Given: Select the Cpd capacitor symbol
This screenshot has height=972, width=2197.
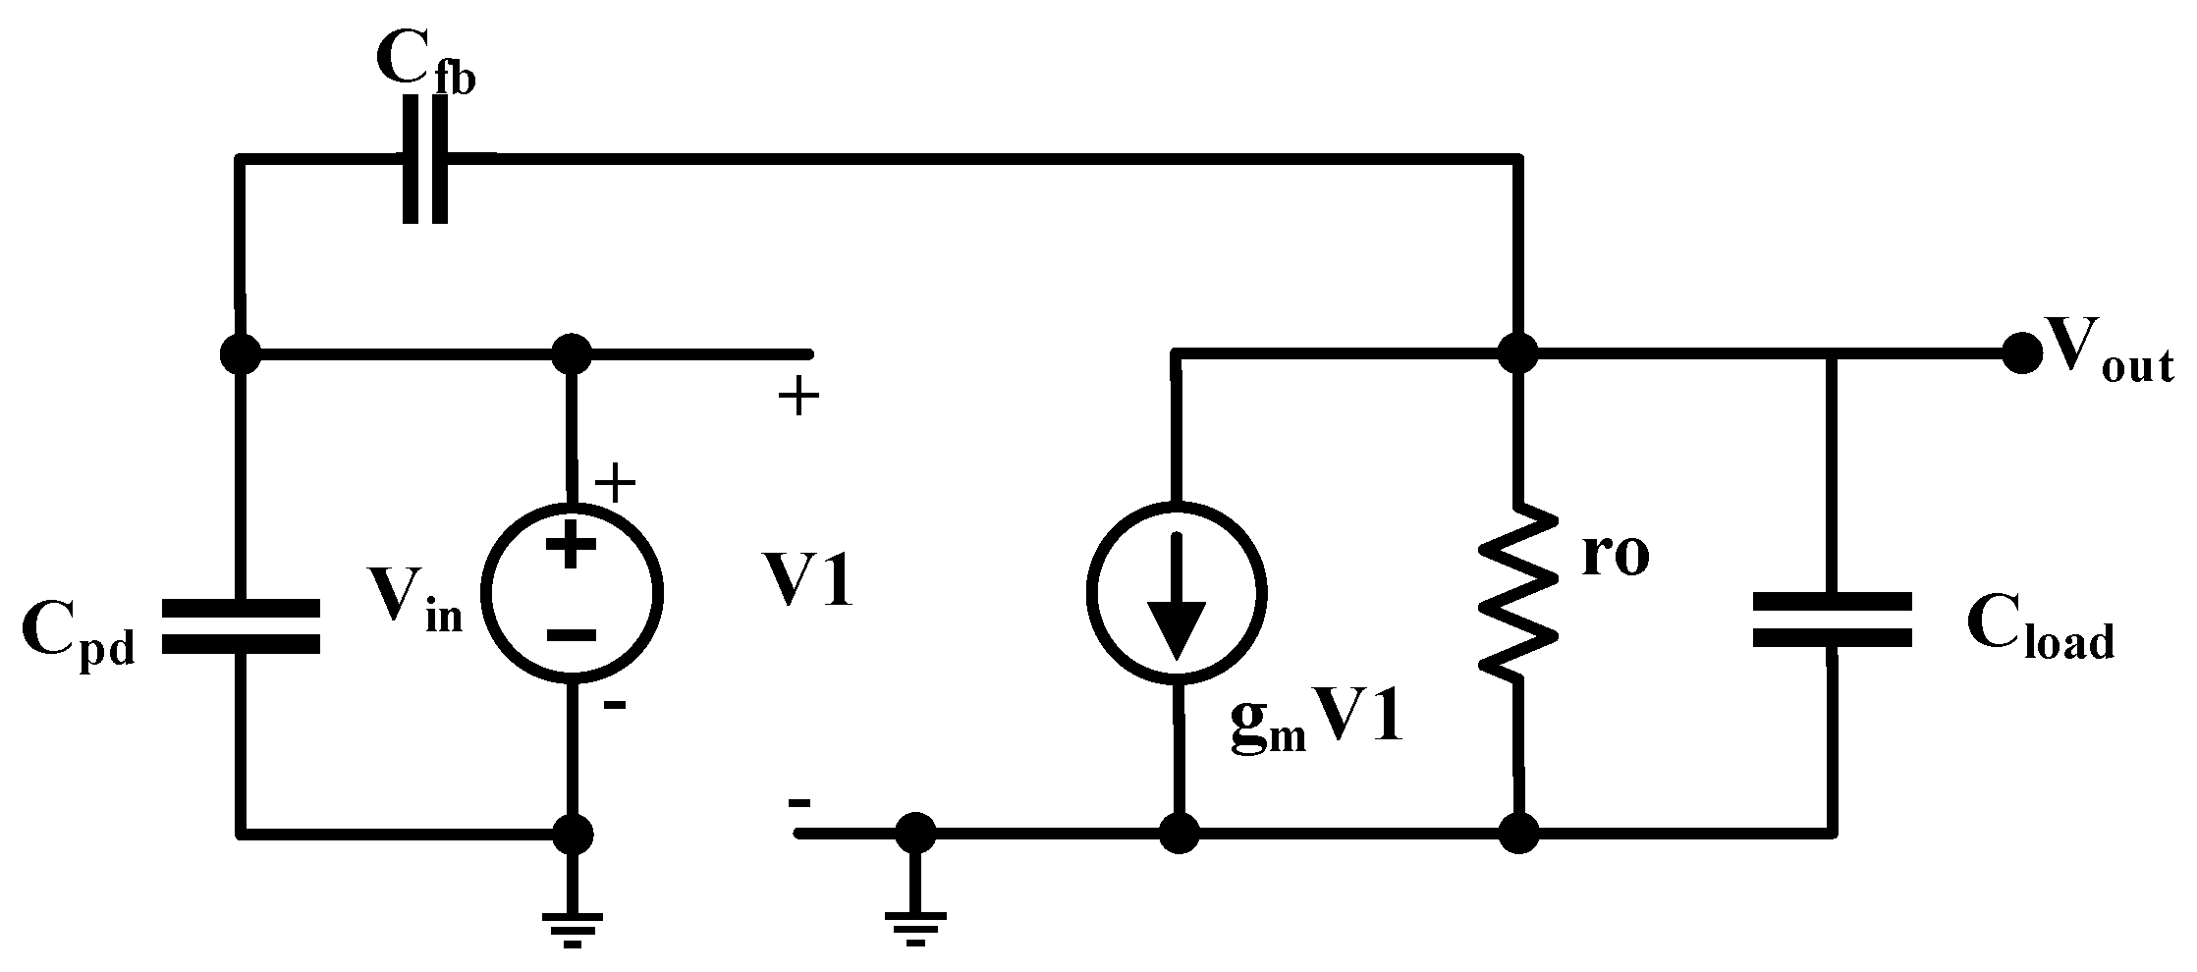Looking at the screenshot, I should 240,626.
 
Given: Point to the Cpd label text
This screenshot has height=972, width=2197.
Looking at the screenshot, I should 77,636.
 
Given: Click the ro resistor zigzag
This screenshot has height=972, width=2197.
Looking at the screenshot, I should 1518,591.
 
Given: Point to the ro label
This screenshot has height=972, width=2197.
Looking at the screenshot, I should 1616,555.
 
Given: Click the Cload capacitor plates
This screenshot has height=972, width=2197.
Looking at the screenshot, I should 1831,620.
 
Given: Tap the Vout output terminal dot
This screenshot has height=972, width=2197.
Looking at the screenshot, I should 2020,352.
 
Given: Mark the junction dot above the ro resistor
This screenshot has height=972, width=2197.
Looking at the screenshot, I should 1518,352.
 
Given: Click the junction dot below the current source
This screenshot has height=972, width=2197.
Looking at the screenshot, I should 1178,835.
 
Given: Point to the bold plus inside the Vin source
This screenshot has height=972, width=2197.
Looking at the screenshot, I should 571,546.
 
